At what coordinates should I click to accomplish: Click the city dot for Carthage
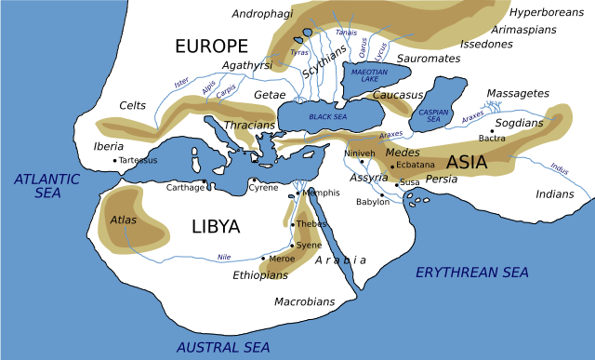[x=205, y=181]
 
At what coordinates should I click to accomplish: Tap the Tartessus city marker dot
[x=115, y=160]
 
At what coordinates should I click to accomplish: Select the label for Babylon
[x=373, y=202]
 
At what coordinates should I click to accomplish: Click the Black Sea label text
[x=326, y=117]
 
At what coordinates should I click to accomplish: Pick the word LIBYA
[x=216, y=226]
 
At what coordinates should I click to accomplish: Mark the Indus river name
[x=559, y=169]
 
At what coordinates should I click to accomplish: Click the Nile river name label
[x=223, y=256]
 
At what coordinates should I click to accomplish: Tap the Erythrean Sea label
[x=471, y=272]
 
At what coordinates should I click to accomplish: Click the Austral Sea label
[x=223, y=346]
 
